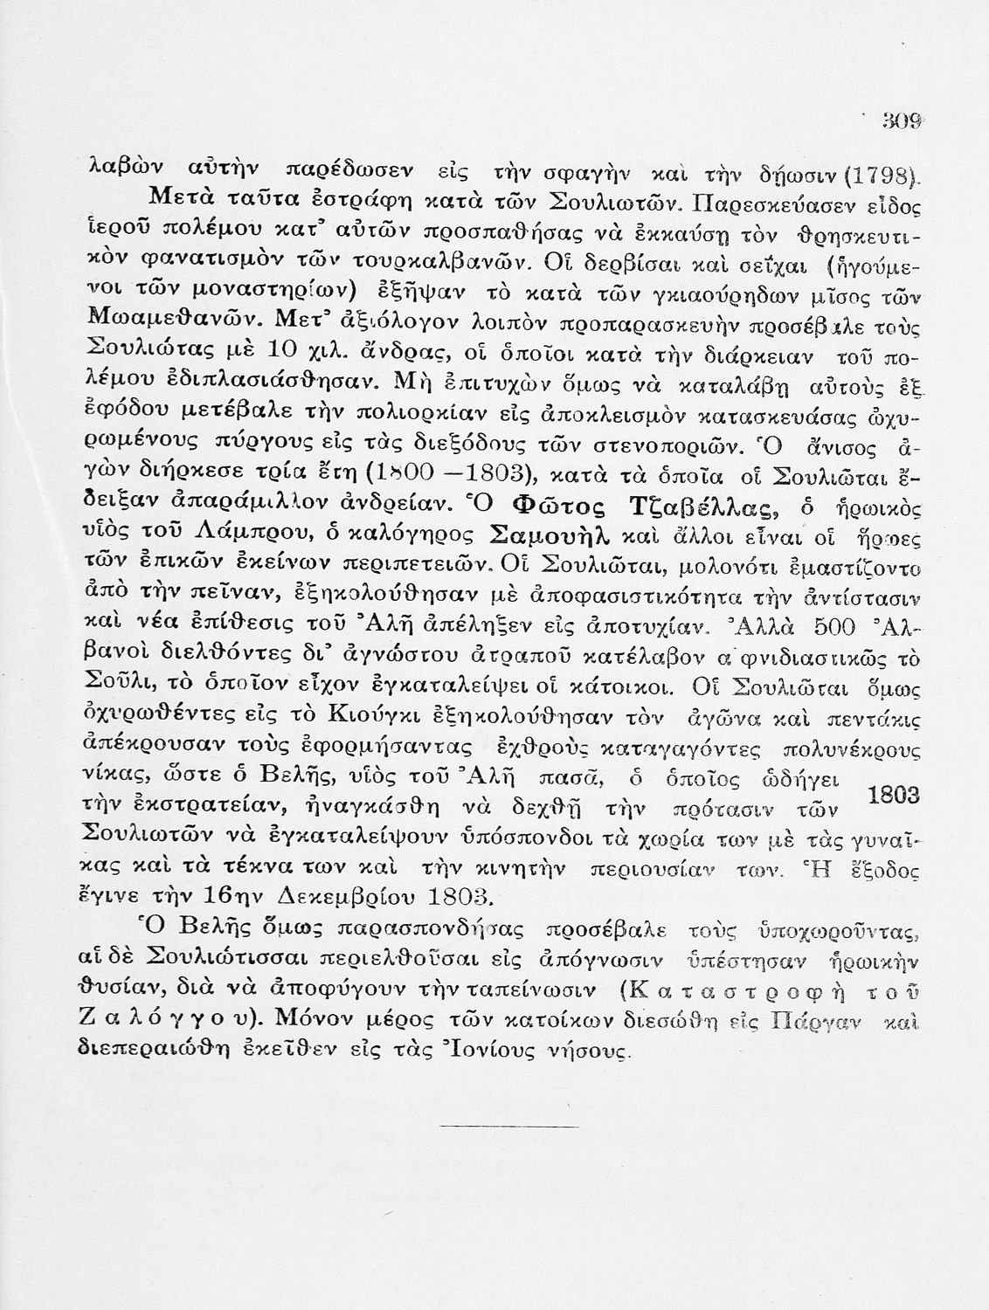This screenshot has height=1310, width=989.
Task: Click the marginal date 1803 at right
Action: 896,796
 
